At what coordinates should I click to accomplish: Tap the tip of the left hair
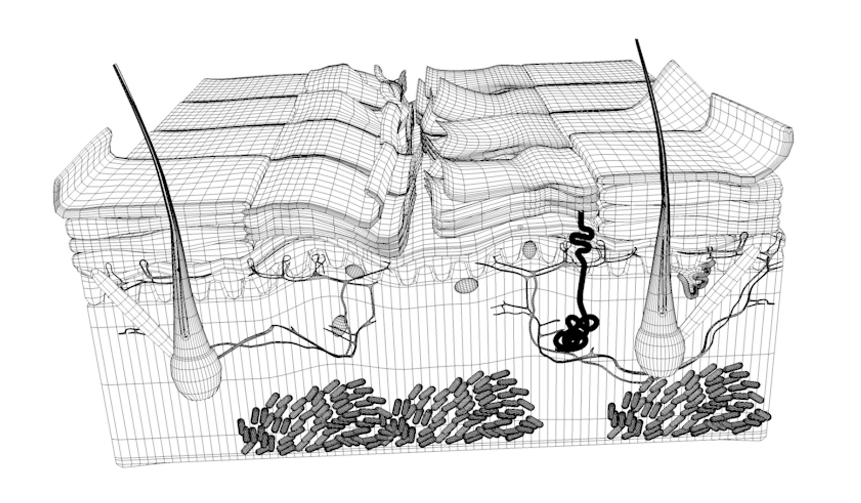pyautogui.click(x=114, y=66)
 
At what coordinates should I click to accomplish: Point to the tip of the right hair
pyautogui.click(x=636, y=41)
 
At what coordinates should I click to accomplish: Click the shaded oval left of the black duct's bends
pyautogui.click(x=529, y=249)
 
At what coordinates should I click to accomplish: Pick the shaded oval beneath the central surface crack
pyautogui.click(x=466, y=285)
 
